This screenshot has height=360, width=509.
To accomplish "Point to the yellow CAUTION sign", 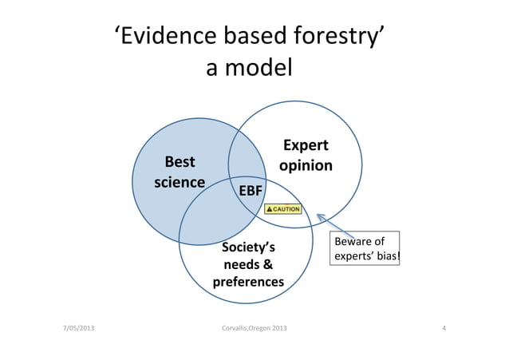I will tap(282, 209).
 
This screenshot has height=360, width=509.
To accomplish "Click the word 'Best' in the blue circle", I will tap(180, 161).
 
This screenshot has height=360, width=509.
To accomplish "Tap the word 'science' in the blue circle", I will tap(180, 181).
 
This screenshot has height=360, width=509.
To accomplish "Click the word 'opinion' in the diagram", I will tap(306, 166).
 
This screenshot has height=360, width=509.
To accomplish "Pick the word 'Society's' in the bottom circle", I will tap(248, 247).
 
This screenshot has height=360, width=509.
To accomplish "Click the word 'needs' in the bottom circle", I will tap(240, 264).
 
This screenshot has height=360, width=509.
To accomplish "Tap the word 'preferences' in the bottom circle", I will tap(248, 283).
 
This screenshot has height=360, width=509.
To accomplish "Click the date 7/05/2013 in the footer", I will tap(78, 329).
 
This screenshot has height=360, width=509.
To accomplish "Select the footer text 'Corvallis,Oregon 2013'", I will tap(254, 329).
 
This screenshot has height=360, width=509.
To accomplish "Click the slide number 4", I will tap(444, 329).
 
